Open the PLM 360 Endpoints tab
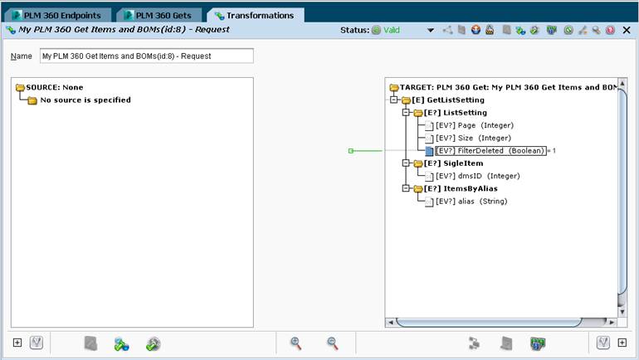pos(57,16)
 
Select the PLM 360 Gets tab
pos(159,16)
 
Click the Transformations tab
pos(255,16)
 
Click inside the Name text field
pos(147,56)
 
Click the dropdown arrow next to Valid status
pos(431,30)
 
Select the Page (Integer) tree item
pos(475,125)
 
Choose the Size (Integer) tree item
pos(473,138)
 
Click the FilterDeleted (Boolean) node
pos(490,151)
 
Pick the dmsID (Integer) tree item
pos(478,176)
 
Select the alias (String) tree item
pos(471,202)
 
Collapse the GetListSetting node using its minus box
pos(393,100)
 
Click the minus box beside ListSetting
pos(406,113)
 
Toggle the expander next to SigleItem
pos(406,163)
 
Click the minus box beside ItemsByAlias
pos(406,188)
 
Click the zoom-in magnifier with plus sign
pos(296,343)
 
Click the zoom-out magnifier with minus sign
pos(333,343)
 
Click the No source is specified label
pos(85,100)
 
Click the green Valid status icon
pos(376,30)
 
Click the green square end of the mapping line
pos(351,151)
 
